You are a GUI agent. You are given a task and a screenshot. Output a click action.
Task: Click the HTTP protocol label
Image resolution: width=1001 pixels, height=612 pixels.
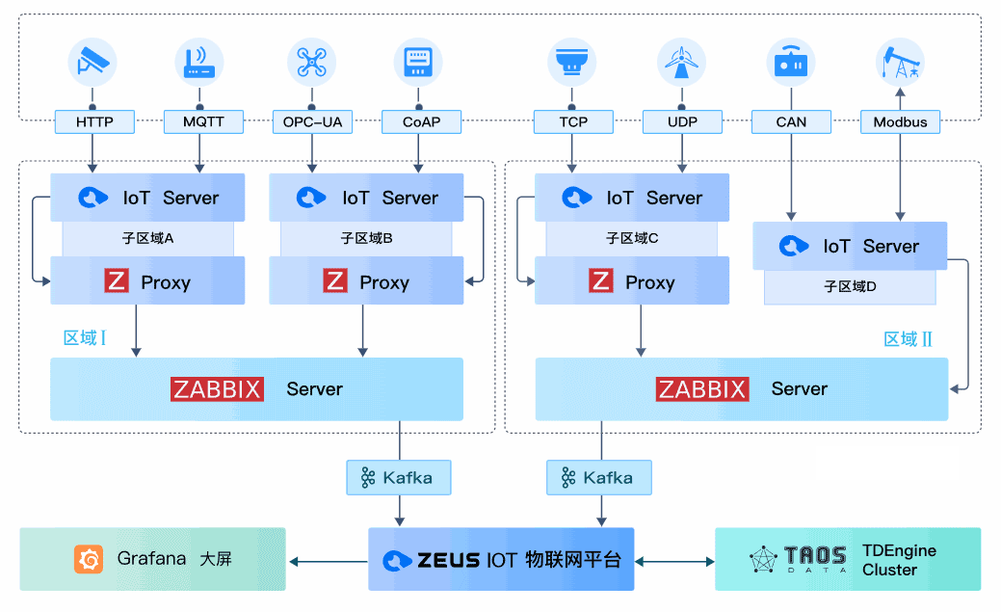point(93,122)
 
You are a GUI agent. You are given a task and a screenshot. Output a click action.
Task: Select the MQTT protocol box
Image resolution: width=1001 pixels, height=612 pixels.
point(200,122)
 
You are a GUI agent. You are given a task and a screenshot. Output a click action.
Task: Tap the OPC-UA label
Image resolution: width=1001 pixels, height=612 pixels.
point(311,122)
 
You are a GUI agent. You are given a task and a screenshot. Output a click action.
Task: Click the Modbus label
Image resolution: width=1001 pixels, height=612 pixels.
point(900,122)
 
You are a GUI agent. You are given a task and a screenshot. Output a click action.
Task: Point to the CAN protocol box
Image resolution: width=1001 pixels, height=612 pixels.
point(791,122)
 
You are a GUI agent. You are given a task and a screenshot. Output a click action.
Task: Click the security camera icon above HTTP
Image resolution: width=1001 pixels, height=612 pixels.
point(92,62)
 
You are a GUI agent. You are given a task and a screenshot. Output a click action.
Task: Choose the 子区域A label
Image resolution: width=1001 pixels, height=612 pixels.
point(148,238)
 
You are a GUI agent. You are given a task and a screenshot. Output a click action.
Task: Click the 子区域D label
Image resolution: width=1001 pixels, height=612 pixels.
point(850,286)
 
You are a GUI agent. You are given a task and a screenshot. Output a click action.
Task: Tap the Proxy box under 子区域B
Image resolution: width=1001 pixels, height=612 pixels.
point(366,281)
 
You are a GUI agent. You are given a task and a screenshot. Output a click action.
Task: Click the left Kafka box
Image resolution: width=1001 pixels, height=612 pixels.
point(398,477)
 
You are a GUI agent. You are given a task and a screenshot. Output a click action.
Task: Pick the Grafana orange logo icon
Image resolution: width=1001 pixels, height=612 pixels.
point(89,559)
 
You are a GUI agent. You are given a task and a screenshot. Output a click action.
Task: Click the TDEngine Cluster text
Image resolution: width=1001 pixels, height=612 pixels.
point(898,560)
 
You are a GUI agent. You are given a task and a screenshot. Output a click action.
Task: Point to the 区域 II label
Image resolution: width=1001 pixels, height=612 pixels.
point(909,339)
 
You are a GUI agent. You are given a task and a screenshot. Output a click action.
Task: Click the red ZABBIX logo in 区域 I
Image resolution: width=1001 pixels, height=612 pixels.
point(218,388)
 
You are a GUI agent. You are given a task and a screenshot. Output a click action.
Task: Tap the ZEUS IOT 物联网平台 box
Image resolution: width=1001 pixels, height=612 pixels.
point(501,559)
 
